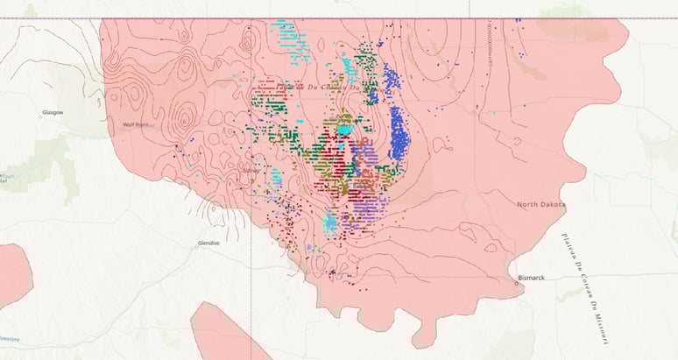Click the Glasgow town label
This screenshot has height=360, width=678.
(53, 113)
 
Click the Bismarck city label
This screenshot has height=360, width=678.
(531, 278)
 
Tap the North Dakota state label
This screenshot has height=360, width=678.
(540, 204)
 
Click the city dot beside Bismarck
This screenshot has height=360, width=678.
(515, 283)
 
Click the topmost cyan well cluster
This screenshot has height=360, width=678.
(292, 40)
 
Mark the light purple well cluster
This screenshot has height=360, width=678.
(373, 208)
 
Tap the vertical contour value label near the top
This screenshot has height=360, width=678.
(481, 44)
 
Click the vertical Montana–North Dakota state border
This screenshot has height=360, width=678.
(257, 263)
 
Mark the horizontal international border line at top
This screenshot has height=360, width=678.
(350, 19)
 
